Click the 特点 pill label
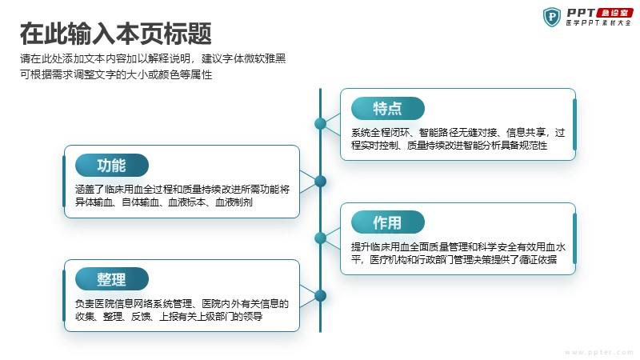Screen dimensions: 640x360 coord(388,109)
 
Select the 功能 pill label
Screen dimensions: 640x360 coord(112,166)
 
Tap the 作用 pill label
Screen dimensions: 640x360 coord(388,222)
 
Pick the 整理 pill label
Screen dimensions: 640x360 coord(112,279)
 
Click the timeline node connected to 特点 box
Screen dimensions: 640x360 coord(321,123)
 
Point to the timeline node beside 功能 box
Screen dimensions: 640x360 coord(321,182)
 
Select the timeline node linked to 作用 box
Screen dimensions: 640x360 coord(321,238)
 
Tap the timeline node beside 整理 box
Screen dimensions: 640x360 coord(321,295)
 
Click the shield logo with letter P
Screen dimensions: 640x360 coord(552,17)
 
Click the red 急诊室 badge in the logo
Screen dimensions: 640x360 coord(614,13)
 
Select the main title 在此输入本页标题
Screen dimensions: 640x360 coord(116,34)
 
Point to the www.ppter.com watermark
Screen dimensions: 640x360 coord(599,352)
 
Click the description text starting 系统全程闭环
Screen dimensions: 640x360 coord(458,138)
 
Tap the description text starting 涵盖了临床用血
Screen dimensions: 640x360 coord(182,195)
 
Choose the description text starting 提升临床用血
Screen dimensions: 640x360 coord(458,253)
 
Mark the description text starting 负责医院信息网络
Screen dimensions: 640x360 coord(182,310)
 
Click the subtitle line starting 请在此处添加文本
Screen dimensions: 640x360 coord(153,58)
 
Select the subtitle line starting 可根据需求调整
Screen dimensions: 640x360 coord(116,74)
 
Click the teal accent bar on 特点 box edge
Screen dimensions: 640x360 coord(574,125)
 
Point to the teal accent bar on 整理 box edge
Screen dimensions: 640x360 coord(64,295)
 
